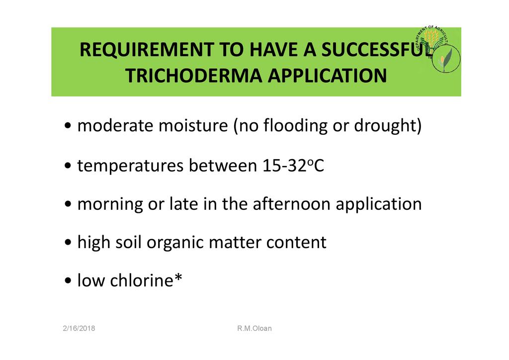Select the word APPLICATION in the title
pyautogui.click(x=327, y=76)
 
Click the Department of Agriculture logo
pyautogui.click(x=438, y=49)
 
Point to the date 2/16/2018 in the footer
pyautogui.click(x=79, y=328)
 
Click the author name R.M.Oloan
pyautogui.click(x=254, y=328)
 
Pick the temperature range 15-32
pyautogui.click(x=284, y=166)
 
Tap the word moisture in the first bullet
pyautogui.click(x=193, y=125)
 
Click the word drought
pyautogui.click(x=385, y=126)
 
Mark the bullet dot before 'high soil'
pyautogui.click(x=68, y=243)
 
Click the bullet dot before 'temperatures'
pyautogui.click(x=68, y=166)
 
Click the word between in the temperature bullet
pyautogui.click(x=223, y=166)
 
